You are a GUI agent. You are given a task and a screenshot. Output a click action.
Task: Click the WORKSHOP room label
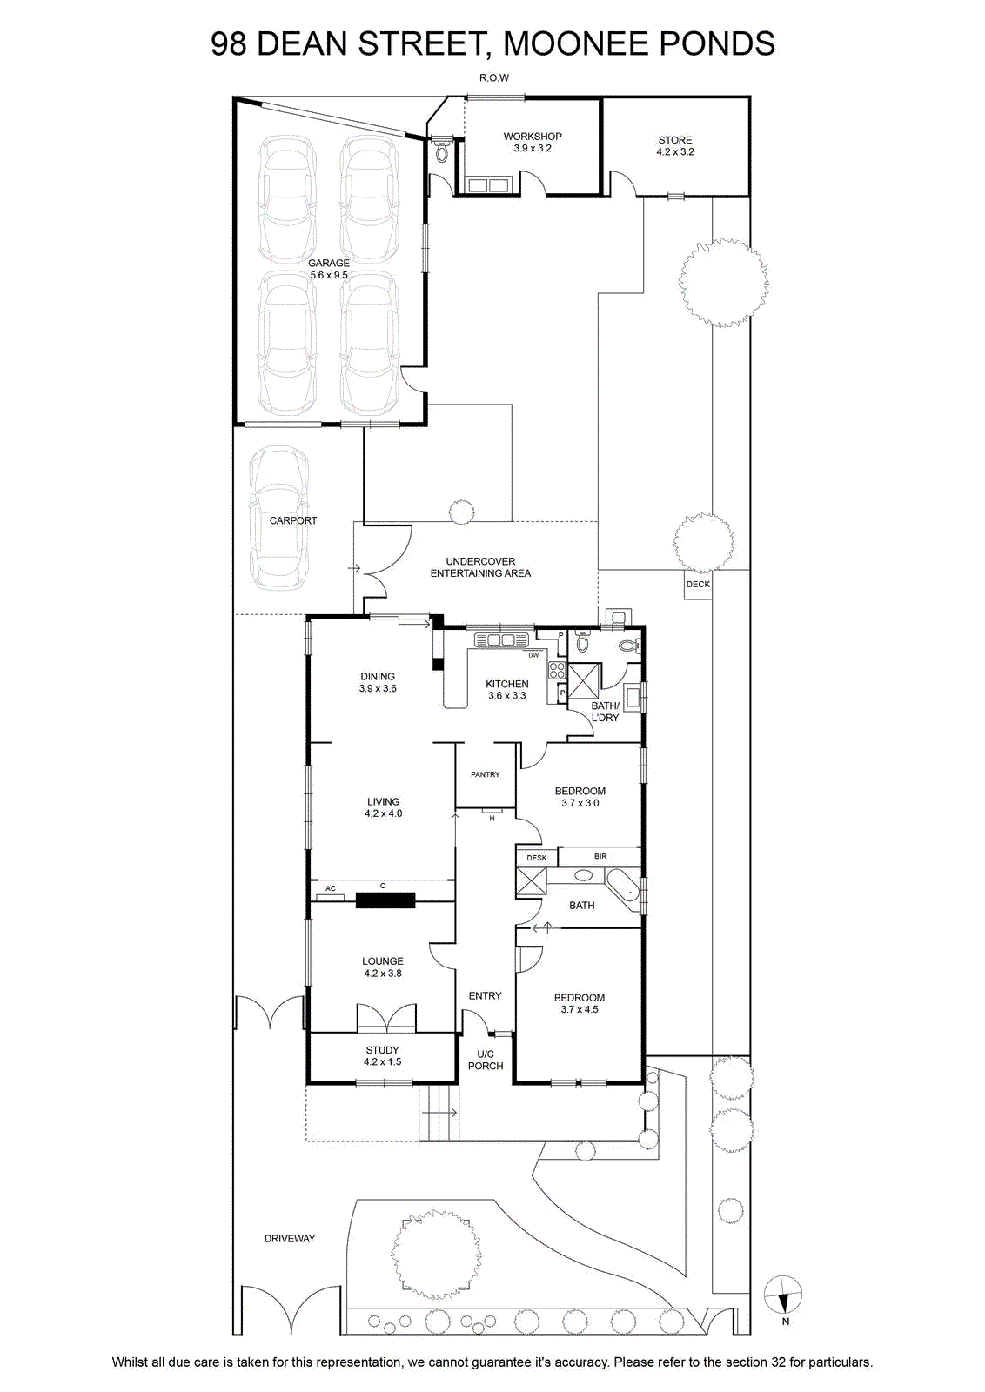point(532,136)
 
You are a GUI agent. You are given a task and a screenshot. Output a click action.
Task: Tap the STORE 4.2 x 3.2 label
point(675,145)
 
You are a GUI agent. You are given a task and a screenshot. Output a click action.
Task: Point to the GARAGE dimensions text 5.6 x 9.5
point(329,275)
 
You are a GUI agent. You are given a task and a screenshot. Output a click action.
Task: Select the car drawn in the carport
point(278,519)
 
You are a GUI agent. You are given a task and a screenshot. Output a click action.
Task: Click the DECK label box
point(698,584)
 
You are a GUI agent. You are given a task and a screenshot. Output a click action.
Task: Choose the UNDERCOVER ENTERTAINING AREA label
point(480,567)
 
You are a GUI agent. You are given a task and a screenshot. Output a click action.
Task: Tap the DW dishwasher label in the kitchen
point(533,655)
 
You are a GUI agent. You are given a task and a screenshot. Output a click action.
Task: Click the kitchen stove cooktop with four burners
point(557,670)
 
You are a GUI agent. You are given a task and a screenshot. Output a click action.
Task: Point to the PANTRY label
point(486,774)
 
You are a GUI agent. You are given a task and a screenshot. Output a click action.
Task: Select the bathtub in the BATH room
point(623,891)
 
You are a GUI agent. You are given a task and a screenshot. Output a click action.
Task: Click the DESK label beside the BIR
point(537,858)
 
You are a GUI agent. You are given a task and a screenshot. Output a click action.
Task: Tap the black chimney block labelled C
point(385,900)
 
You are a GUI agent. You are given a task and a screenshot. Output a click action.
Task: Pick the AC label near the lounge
point(331,888)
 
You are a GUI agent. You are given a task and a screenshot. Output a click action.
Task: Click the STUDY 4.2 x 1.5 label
point(382,1056)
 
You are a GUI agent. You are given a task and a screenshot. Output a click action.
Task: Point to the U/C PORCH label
point(486,1060)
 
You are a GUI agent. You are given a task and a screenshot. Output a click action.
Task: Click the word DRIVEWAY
point(290,1239)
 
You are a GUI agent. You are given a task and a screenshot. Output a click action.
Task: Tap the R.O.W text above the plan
point(494,77)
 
